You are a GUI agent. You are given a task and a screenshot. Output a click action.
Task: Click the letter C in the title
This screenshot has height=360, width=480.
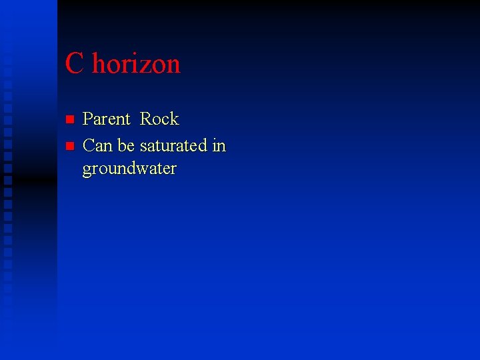pyautogui.click(x=75, y=64)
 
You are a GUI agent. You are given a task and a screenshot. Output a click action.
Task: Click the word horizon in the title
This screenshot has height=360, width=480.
pyautogui.click(x=136, y=64)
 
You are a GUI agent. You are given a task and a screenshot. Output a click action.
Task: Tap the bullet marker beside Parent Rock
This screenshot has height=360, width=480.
pyautogui.click(x=68, y=120)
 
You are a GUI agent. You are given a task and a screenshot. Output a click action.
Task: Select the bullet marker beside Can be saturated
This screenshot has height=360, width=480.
pyautogui.click(x=68, y=146)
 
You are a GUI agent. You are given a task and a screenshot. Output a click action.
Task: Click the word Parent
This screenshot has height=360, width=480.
pyautogui.click(x=106, y=119)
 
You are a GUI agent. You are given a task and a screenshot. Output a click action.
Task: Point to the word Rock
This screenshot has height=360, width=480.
pyautogui.click(x=159, y=119)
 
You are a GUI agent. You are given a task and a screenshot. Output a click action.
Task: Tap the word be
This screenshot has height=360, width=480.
pyautogui.click(x=126, y=145)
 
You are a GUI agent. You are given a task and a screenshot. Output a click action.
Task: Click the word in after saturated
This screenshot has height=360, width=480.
pyautogui.click(x=219, y=145)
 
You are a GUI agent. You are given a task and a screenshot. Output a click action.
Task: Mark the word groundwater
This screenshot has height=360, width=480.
pyautogui.click(x=129, y=169)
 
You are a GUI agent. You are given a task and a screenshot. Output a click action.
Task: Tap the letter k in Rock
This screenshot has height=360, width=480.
pyautogui.click(x=175, y=119)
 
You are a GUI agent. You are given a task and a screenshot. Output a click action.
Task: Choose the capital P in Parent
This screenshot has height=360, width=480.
pyautogui.click(x=88, y=119)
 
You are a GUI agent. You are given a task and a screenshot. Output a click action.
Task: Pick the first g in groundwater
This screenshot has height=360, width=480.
pyautogui.click(x=87, y=171)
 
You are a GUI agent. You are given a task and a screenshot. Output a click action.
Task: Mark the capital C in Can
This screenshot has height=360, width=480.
pyautogui.click(x=88, y=145)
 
